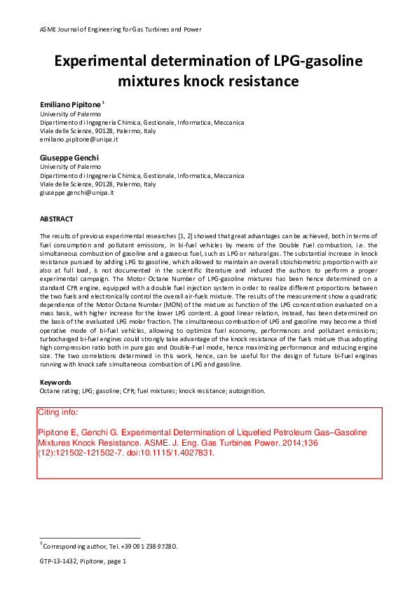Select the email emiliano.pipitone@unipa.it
tap(78, 139)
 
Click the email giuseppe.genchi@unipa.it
tap(76, 193)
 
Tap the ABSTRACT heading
tap(56, 219)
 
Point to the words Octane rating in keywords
tap(60, 390)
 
